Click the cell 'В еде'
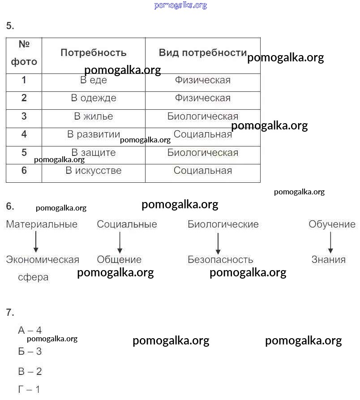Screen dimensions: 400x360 (x=94, y=81)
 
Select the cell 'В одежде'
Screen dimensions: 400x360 (x=94, y=98)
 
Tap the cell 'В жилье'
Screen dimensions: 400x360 (x=94, y=116)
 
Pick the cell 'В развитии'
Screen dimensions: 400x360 (x=94, y=134)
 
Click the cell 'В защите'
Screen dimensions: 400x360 (x=94, y=153)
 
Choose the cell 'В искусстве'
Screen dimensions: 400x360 (x=94, y=171)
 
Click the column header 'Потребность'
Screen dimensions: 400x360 (x=94, y=53)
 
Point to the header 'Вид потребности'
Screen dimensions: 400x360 (x=202, y=53)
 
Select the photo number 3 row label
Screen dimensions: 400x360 (x=24, y=116)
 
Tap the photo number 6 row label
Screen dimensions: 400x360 (x=24, y=171)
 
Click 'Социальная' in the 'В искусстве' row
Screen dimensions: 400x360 (x=203, y=171)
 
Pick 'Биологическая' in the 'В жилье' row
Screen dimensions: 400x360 (x=203, y=116)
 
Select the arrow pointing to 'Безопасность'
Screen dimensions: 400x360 (x=218, y=244)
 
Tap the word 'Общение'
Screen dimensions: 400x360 (x=119, y=260)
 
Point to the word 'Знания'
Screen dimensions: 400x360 (x=329, y=260)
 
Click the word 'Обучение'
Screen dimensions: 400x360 (x=332, y=224)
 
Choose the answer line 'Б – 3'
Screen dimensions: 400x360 (x=30, y=352)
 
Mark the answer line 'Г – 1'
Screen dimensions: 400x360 (x=29, y=390)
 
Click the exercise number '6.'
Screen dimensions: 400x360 (x=10, y=206)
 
